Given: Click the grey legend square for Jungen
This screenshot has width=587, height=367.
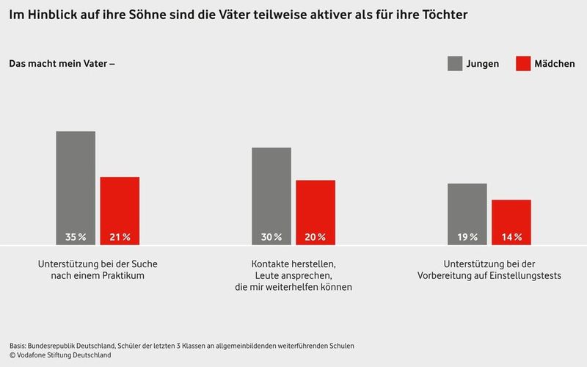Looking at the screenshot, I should point(455,64).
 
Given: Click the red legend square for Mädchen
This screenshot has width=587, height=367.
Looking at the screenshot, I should point(523,64).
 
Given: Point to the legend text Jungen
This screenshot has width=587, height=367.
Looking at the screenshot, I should point(483,64).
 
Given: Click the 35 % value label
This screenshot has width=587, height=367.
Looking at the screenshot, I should point(76,237).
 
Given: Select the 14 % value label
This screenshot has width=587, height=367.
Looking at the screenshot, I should point(511,237).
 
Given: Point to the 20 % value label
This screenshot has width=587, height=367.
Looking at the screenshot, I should point(316,237).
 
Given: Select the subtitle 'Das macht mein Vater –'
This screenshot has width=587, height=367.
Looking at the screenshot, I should point(62,64).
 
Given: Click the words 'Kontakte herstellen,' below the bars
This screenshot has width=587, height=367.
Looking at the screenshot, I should point(293,263).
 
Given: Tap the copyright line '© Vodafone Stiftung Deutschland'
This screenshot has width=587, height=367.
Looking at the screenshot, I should point(60,355).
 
